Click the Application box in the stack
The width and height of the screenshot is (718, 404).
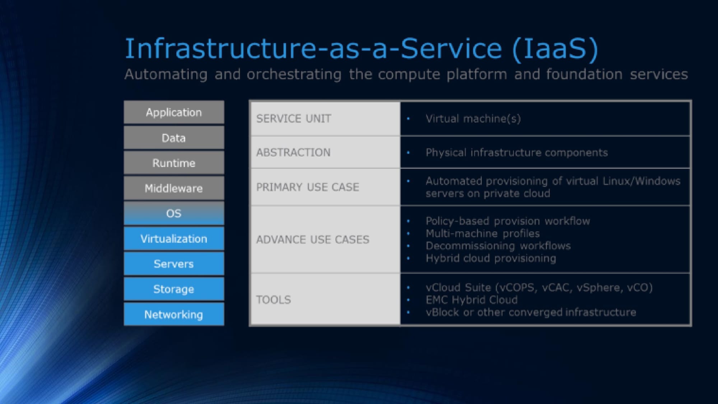click(174, 112)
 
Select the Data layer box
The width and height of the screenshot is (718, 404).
click(174, 138)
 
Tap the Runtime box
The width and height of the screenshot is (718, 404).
click(174, 163)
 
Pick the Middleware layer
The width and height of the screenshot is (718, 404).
click(174, 188)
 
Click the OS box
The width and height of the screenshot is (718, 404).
click(174, 213)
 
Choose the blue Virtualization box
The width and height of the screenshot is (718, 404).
click(174, 239)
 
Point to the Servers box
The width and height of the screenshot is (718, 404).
click(174, 264)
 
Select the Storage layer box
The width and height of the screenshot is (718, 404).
click(174, 289)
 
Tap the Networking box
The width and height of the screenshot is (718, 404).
click(174, 315)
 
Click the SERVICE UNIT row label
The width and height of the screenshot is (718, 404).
click(294, 119)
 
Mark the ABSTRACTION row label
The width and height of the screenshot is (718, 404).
click(293, 152)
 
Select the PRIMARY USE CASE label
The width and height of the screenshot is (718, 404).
click(308, 187)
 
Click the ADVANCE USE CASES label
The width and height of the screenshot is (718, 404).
click(313, 240)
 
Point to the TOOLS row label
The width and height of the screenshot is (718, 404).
click(274, 300)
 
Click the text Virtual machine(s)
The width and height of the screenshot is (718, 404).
click(473, 119)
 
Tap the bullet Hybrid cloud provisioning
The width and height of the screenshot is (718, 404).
click(491, 258)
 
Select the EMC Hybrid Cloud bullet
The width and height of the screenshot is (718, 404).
click(472, 300)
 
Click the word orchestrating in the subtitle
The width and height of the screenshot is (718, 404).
click(294, 74)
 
